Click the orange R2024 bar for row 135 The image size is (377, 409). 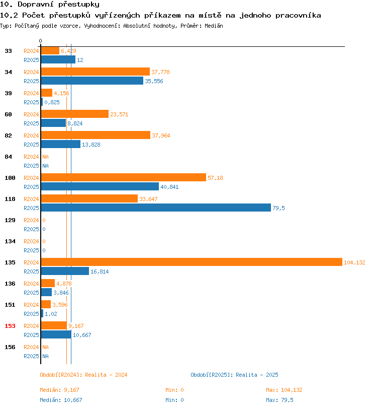(192, 262)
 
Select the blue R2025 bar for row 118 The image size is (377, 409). (156, 208)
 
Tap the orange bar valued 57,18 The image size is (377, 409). (124, 177)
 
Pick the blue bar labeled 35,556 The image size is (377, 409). (92, 81)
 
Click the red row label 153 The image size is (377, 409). (10, 326)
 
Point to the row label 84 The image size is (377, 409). (9, 157)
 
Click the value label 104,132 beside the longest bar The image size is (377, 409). (354, 262)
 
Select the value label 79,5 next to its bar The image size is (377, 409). (278, 208)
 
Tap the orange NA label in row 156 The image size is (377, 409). (45, 347)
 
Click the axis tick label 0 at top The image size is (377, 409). (40, 41)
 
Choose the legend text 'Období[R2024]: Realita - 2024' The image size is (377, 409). (83, 375)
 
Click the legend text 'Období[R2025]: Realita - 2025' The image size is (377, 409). (234, 375)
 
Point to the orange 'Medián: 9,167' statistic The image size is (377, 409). (59, 390)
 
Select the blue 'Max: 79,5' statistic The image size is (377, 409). (279, 400)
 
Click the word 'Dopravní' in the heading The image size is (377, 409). (35, 5)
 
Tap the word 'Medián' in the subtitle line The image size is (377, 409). (214, 26)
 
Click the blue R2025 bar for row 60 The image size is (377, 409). (53, 123)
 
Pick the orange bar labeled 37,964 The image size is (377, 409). (96, 135)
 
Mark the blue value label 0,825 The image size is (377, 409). (52, 103)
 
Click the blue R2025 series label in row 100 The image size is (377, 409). (31, 187)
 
